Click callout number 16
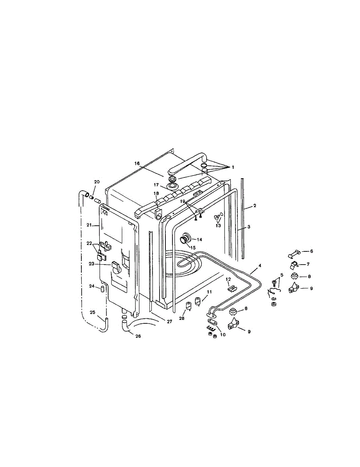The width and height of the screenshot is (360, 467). pos(137,163)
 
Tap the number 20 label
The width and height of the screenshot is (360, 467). pos(97,182)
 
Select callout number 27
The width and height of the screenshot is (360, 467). pos(170,321)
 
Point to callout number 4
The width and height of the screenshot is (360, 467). pos(260,266)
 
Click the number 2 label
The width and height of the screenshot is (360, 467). pos(255,205)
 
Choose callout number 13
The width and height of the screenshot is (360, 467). pos(218,226)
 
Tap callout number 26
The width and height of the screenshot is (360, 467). pos(138,336)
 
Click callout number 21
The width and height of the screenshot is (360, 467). pos(89,225)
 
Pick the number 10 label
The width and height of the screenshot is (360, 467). pos(223,335)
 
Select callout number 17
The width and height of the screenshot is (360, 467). pos(156,185)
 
